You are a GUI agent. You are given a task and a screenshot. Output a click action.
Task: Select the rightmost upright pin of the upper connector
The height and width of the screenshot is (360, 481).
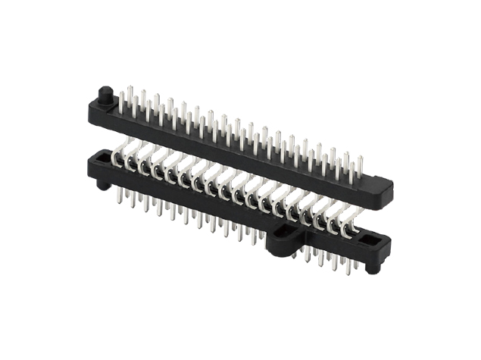(x=361, y=165)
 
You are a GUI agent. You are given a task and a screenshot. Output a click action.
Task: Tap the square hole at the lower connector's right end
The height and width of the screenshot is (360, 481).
(x=372, y=240)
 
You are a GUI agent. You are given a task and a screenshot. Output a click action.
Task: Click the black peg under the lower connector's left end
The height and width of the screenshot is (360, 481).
(x=102, y=184)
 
